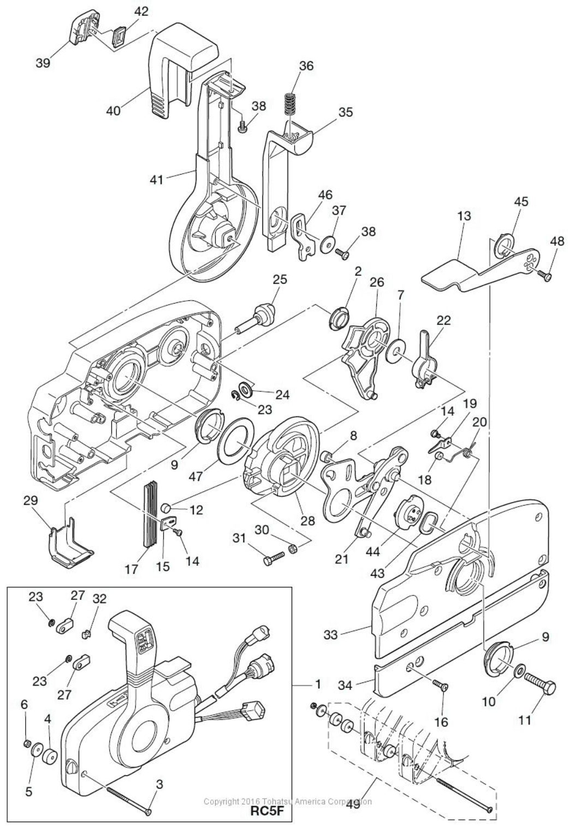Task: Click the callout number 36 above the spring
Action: (x=306, y=66)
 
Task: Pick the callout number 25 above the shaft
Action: (x=279, y=279)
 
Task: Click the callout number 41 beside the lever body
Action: (x=157, y=179)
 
